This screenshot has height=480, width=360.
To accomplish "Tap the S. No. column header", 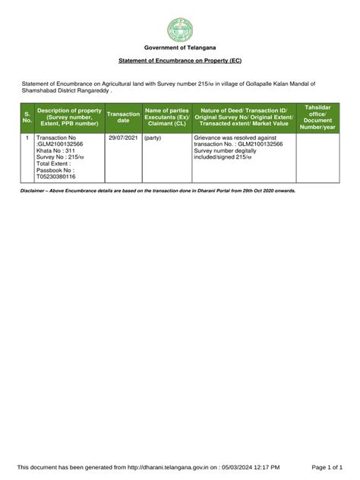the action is [27, 117].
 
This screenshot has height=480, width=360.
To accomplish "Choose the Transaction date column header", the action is [123, 117].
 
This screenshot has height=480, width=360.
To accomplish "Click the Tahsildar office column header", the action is [317, 117].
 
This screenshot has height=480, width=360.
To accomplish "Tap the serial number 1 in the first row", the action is [27, 138].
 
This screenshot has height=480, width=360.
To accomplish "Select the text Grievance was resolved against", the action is [231, 138].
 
